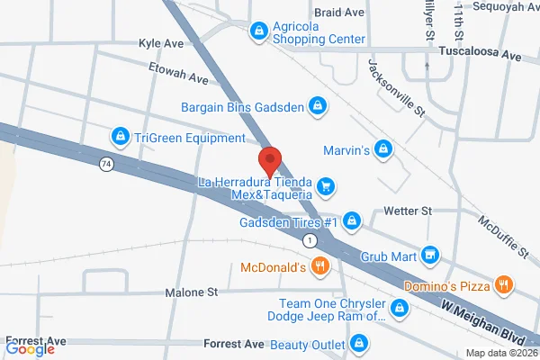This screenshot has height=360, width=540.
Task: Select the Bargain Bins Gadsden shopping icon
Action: pos(317,106)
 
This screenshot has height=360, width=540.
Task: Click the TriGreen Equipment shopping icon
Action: pos(119,137)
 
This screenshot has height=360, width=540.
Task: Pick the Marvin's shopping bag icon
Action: pos(384,148)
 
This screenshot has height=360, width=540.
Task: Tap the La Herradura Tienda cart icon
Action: pos(326,187)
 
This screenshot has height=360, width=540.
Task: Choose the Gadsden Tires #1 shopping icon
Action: pos(353,220)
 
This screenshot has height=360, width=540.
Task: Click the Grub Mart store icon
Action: pos(430,255)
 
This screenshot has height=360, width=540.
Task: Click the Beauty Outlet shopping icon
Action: pos(360,343)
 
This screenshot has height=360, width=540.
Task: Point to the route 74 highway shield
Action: pos(105,164)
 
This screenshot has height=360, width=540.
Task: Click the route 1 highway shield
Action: pos(309,240)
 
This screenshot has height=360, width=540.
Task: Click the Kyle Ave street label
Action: pos(160,43)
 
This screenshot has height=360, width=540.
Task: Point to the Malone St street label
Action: pos(192,292)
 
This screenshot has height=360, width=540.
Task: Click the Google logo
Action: pos(30,349)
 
